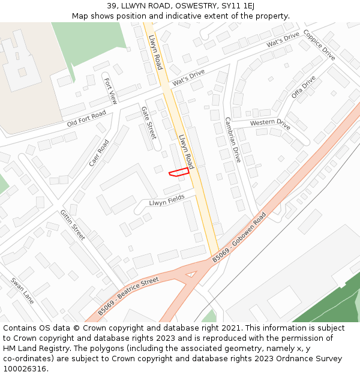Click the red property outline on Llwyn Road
point(179,172)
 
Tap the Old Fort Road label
point(86,118)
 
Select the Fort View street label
point(110,91)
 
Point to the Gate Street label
point(148,122)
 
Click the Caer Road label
point(99,153)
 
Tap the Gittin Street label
point(73,225)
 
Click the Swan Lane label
point(22,290)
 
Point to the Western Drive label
point(270,124)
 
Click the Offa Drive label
point(303,87)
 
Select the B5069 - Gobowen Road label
point(239,238)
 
